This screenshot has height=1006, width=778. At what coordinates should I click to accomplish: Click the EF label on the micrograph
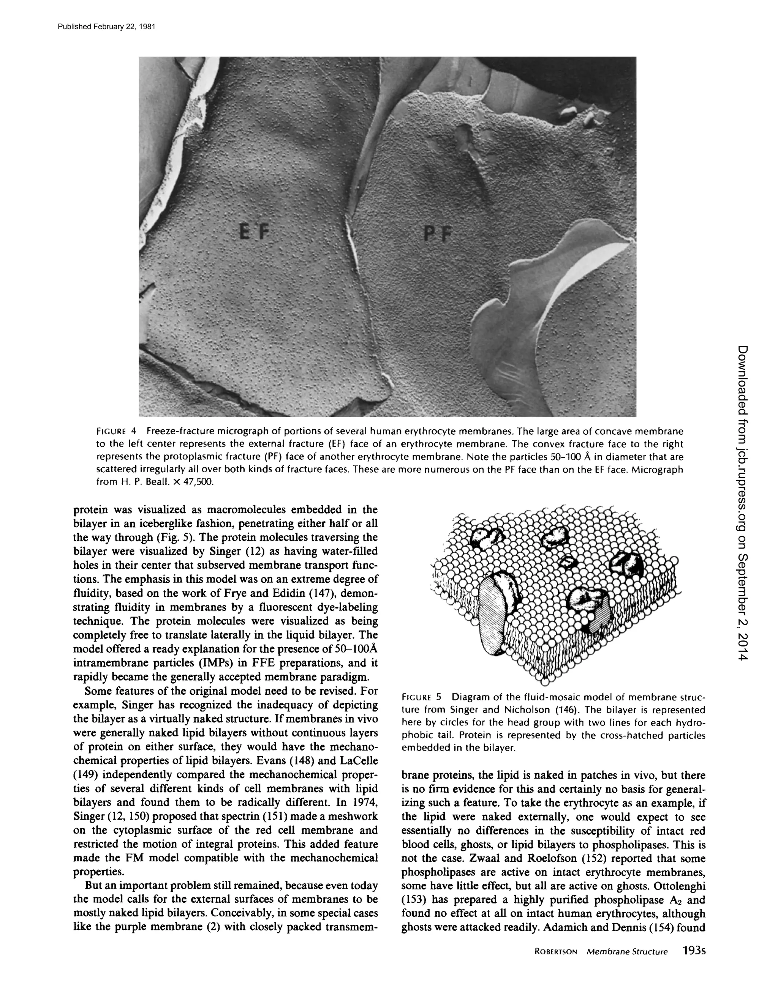[x=253, y=230]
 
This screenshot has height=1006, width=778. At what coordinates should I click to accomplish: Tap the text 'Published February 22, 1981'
[x=106, y=26]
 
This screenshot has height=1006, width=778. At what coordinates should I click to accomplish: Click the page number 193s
[x=694, y=951]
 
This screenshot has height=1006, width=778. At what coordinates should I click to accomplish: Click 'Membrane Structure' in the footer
[x=627, y=952]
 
